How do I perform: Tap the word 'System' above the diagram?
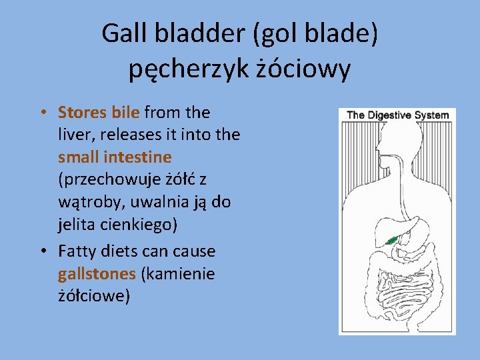click(431, 115)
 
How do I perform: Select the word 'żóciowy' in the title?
click(303, 68)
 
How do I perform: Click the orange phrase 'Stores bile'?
click(99, 112)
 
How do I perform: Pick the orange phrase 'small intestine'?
click(115, 157)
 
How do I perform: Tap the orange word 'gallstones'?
click(96, 274)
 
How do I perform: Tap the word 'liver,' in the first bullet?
click(76, 135)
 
